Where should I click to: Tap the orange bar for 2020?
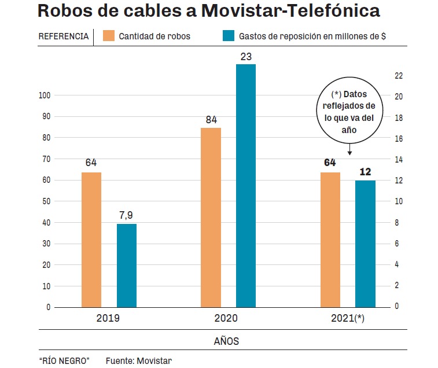[211, 217]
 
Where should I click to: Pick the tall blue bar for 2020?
[246, 185]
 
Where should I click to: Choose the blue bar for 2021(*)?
[365, 243]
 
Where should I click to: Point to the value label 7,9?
[127, 215]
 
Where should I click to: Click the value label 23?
[246, 56]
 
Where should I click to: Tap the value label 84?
[211, 120]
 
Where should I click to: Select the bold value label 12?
[365, 172]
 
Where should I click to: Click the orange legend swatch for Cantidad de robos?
[109, 36]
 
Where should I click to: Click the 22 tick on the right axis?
[399, 76]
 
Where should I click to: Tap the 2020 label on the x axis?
[226, 318]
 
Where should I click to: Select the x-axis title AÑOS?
[226, 341]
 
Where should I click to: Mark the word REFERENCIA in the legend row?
[63, 36]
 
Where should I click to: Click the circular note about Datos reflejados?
[349, 112]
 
